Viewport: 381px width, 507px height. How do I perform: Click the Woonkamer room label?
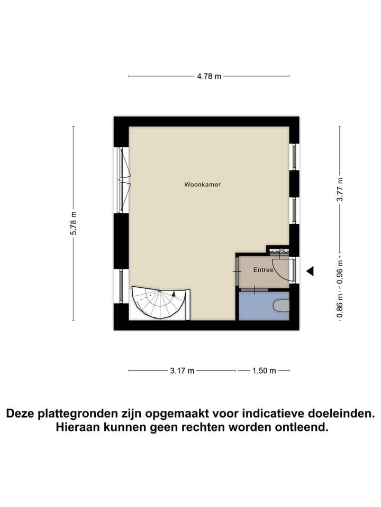[x=202, y=185]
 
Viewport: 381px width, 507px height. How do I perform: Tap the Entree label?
[x=263, y=270]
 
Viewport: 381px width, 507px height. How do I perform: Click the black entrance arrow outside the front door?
[x=310, y=271]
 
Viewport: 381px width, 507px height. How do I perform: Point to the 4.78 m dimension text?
[x=209, y=76]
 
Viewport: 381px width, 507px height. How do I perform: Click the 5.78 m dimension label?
[x=74, y=223]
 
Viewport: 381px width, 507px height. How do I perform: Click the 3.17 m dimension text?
[x=183, y=371]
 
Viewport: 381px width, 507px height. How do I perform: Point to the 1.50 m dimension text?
[x=264, y=371]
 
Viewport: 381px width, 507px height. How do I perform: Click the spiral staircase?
[x=159, y=303]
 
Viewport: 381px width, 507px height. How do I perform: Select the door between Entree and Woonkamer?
[x=237, y=271]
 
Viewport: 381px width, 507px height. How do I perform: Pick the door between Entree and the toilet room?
[x=255, y=289]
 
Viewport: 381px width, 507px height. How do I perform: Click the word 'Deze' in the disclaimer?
[x=23, y=413]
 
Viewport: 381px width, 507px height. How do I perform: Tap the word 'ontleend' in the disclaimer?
[x=303, y=427]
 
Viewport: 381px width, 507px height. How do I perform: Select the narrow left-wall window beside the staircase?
[x=121, y=285]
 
